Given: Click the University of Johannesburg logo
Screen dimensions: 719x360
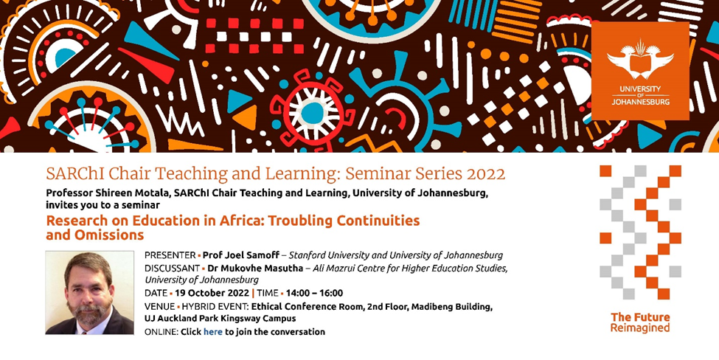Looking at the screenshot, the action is (x=640, y=71).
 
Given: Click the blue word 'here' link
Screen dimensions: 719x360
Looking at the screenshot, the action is (x=213, y=331).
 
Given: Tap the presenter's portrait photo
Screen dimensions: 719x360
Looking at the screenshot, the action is (x=90, y=293).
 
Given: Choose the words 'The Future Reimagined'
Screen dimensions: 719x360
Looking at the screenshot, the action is (x=640, y=322).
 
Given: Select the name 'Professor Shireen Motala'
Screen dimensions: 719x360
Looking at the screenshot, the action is (x=105, y=193).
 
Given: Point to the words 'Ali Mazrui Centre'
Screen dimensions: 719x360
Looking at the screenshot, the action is (x=342, y=269).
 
